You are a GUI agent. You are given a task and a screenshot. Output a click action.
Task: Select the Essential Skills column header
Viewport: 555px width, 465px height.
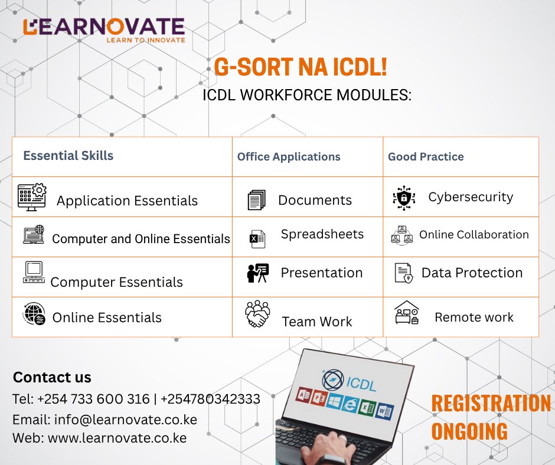68,156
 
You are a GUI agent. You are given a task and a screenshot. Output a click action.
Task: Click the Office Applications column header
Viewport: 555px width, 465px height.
289,156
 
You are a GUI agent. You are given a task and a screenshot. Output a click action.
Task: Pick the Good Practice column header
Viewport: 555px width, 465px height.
426,156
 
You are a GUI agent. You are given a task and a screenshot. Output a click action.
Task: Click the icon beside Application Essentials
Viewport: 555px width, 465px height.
32,197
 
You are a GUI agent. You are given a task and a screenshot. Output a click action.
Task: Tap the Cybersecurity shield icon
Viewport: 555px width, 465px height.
404,198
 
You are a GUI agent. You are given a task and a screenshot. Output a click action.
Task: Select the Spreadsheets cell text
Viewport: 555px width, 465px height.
322,234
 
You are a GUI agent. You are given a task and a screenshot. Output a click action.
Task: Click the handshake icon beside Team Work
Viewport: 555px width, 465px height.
257,315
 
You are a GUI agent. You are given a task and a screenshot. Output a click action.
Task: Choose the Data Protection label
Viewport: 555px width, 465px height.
472,273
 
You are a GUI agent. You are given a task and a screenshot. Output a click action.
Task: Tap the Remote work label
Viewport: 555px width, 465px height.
474,317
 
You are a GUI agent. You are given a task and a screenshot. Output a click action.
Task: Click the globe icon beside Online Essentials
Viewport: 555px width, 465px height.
34,314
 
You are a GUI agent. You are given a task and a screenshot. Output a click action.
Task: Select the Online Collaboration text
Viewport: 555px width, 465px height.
474,235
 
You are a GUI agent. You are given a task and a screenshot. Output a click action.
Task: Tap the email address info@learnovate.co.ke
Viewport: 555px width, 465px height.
126,420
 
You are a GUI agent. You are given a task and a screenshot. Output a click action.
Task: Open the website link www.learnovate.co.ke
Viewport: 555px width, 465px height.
117,438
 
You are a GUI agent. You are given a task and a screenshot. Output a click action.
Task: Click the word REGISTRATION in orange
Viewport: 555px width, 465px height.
490,404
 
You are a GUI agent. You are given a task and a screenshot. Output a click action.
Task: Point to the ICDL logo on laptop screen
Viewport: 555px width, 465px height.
349,381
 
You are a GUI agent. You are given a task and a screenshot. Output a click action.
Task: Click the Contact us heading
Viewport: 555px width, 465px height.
52,378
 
